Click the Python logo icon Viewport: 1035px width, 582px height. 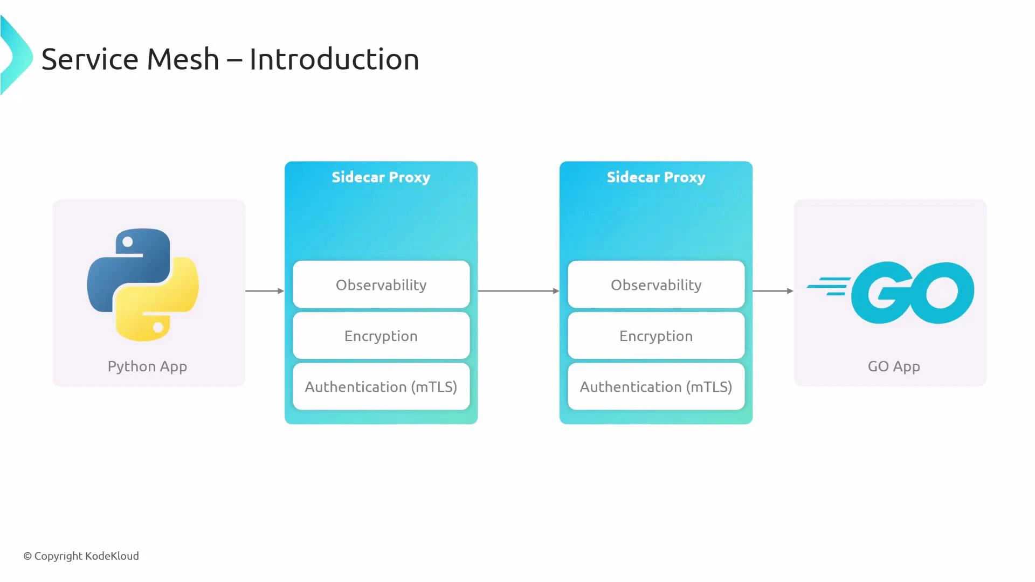[x=143, y=285]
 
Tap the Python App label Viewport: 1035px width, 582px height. [x=147, y=366]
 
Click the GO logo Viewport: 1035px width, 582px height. [x=911, y=293]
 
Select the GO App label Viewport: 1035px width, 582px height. [x=893, y=366]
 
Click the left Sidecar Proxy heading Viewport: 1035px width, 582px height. [x=381, y=177]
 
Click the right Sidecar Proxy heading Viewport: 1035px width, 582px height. [x=655, y=177]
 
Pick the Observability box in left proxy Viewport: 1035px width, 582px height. [x=381, y=285]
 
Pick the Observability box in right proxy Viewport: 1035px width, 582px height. [x=655, y=285]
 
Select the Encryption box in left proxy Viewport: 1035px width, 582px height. [x=381, y=336]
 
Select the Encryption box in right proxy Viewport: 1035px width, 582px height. [x=655, y=336]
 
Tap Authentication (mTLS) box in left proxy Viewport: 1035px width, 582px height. [x=381, y=387]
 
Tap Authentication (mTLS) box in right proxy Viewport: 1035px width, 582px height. [x=655, y=387]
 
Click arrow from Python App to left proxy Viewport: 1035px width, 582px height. [x=264, y=291]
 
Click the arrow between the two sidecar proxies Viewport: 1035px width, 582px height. [x=518, y=291]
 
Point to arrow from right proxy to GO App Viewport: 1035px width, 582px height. [x=772, y=291]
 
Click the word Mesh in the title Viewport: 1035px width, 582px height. [x=183, y=59]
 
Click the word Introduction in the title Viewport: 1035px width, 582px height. [x=334, y=59]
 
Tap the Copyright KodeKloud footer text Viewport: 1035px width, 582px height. [x=81, y=556]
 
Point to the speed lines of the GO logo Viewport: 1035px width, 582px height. [x=829, y=286]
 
